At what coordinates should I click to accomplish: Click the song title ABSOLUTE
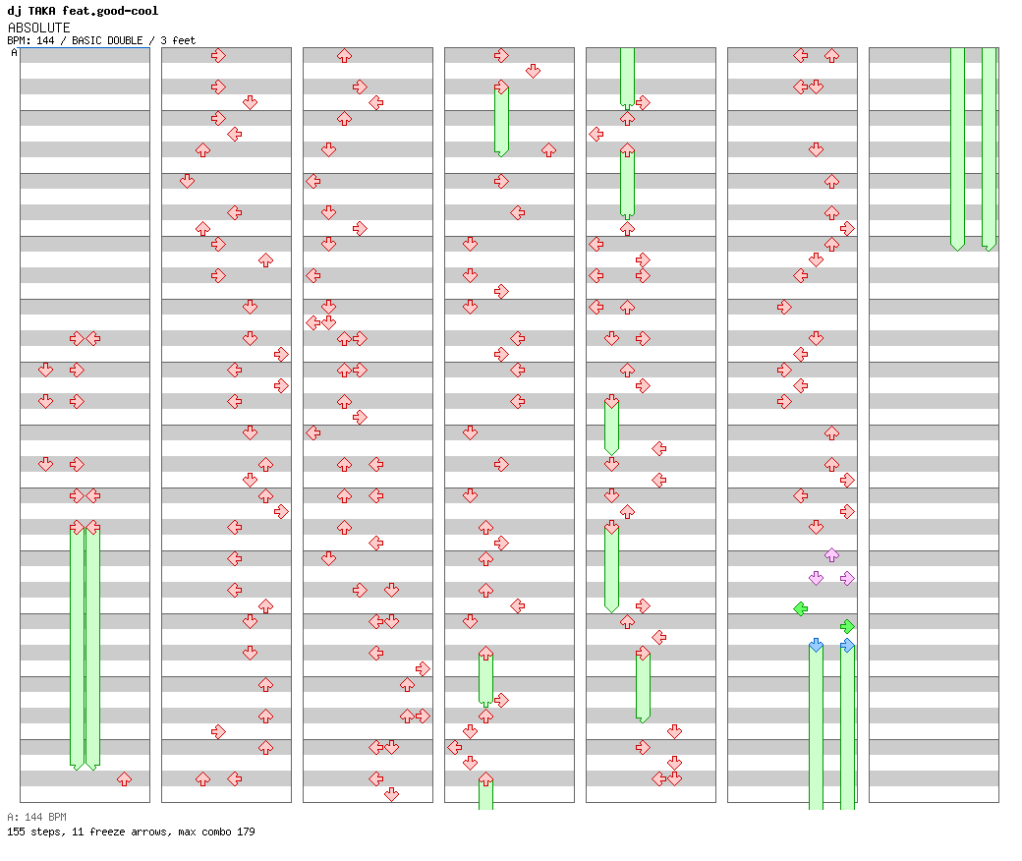coord(38,28)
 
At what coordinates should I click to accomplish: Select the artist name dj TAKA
coord(31,11)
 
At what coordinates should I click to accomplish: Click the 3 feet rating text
coord(178,40)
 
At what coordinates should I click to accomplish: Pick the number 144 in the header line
coord(44,40)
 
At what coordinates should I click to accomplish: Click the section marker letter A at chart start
coord(14,53)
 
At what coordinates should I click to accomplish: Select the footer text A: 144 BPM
coord(36,817)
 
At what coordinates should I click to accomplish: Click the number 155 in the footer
coord(16,832)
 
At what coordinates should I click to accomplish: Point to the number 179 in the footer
coord(245,832)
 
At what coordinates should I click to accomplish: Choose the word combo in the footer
coord(213,832)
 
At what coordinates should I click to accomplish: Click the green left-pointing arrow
coord(800,608)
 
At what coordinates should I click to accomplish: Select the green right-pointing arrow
coord(847,625)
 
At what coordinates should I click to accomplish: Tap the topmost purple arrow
coord(831,555)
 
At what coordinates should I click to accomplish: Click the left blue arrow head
coord(816,645)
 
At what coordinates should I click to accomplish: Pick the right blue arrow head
coord(847,645)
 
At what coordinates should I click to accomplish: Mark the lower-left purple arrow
coord(816,578)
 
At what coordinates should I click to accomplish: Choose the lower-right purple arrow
coord(847,578)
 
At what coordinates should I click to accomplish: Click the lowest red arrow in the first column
coord(124,778)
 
